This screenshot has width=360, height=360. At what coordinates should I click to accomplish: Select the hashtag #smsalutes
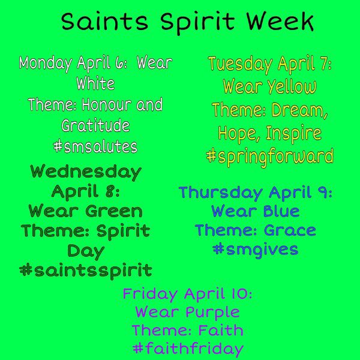pos(95,146)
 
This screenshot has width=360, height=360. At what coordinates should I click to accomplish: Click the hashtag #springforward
pos(269,157)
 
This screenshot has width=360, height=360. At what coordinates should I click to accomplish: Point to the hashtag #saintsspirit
pos(86,269)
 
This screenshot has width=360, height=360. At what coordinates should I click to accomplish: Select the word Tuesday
pos(238,64)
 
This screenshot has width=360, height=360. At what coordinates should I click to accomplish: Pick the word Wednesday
pos(86,172)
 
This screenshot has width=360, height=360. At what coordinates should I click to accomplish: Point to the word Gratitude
pos(95,126)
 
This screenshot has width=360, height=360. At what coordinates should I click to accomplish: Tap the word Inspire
pos(295,133)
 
